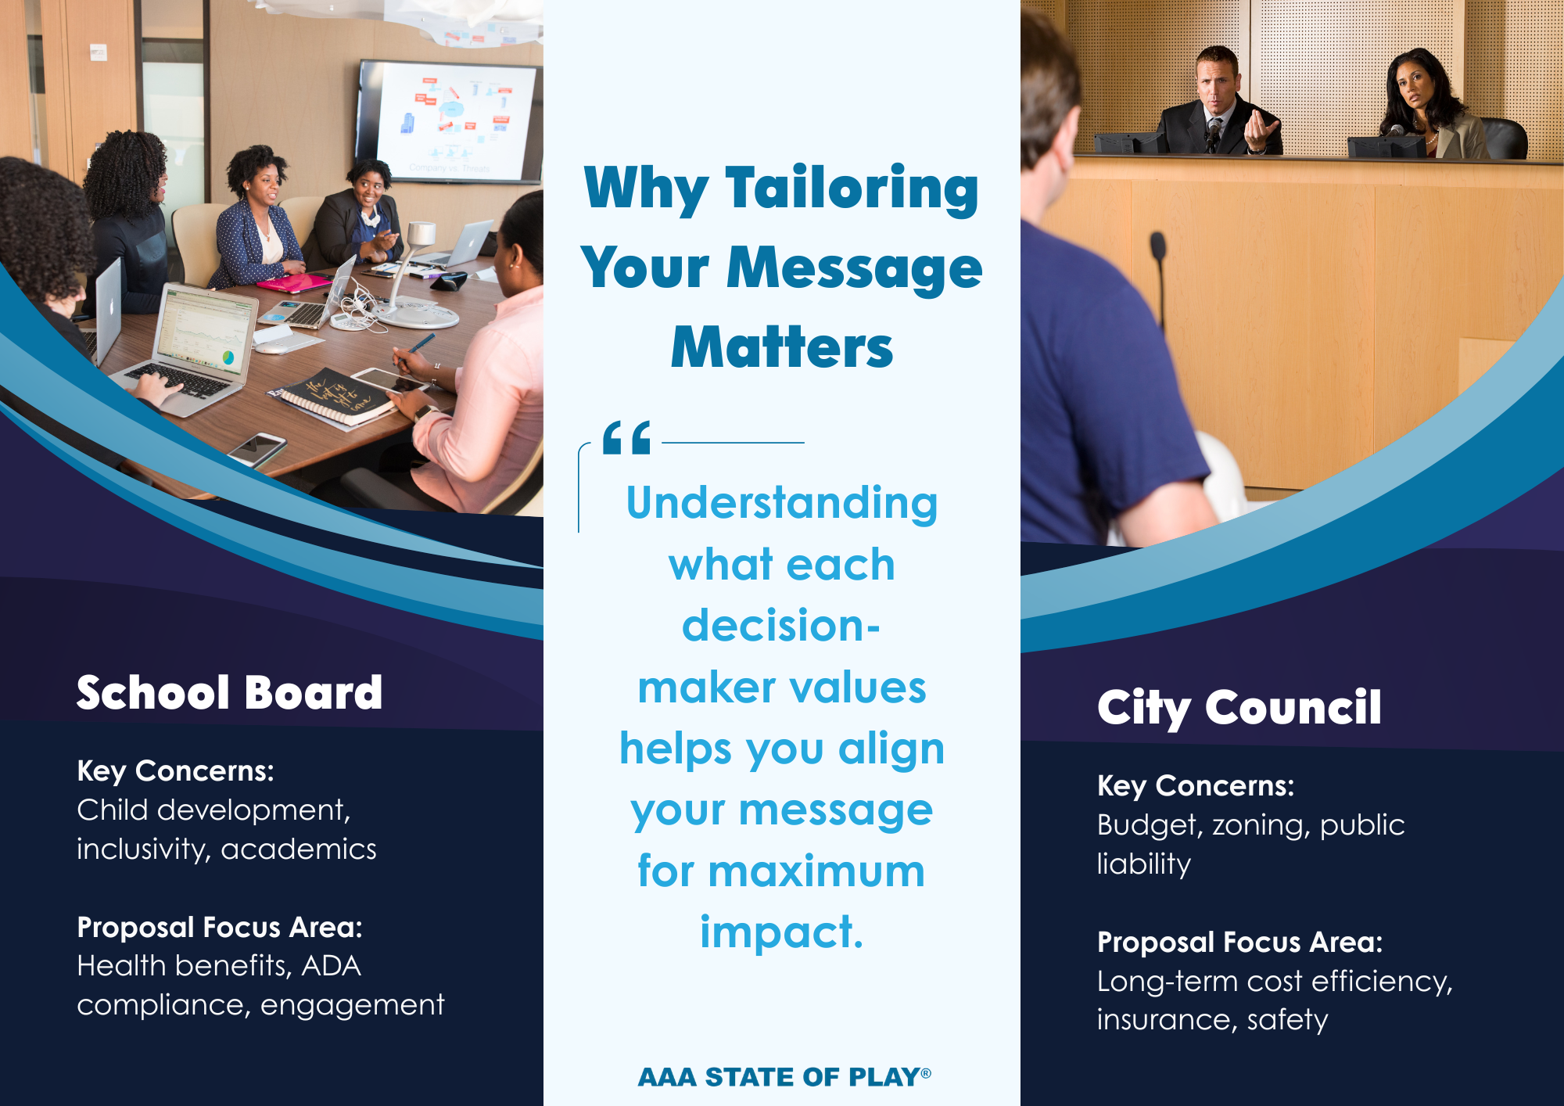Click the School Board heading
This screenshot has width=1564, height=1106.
pyautogui.click(x=229, y=693)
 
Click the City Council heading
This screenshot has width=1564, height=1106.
pyautogui.click(x=1239, y=708)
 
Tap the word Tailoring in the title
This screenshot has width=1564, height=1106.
pyautogui.click(x=852, y=190)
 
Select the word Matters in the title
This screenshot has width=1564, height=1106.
pyautogui.click(x=782, y=347)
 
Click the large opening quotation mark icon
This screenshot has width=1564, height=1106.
pyautogui.click(x=626, y=437)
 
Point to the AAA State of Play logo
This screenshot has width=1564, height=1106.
pyautogui.click(x=784, y=1077)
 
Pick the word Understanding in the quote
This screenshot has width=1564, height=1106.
pyautogui.click(x=782, y=503)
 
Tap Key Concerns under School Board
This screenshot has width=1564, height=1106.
pyautogui.click(x=175, y=772)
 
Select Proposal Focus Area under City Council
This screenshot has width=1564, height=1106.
pyautogui.click(x=1239, y=943)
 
